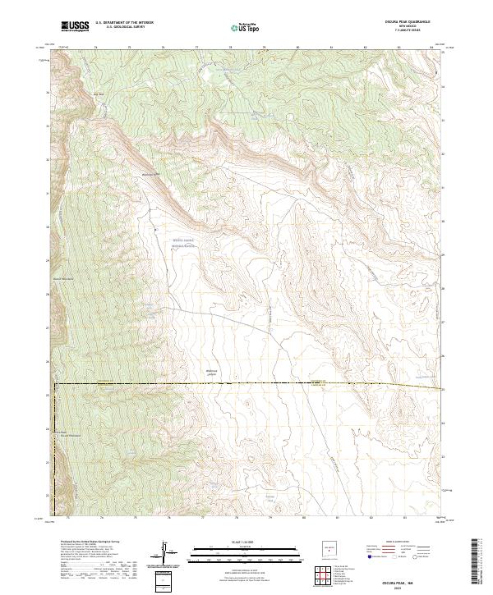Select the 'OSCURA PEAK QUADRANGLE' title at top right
417,23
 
